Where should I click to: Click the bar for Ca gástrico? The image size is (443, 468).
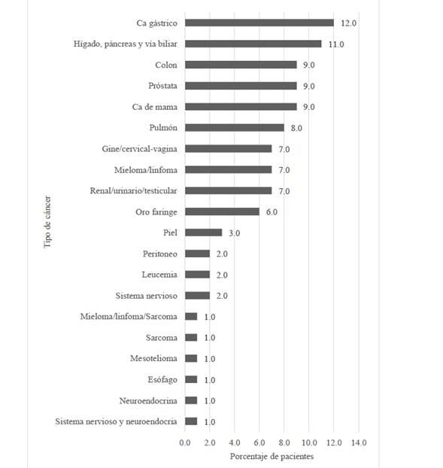(259, 23)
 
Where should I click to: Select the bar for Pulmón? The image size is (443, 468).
(235, 128)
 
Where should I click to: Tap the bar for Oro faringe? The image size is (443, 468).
(222, 211)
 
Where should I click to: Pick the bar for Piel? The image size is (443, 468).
(204, 232)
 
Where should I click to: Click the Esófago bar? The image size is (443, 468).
(191, 379)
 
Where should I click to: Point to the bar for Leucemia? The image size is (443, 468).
(197, 275)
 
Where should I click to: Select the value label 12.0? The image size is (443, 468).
(348, 23)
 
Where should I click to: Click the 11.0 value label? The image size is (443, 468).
(336, 44)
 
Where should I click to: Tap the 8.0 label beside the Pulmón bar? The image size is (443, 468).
(296, 128)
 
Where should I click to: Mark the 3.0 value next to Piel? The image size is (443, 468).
(234, 233)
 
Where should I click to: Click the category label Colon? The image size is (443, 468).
(166, 65)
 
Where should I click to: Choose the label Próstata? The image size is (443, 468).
(162, 86)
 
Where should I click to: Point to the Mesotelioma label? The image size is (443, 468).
(153, 358)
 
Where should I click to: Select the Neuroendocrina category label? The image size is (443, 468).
(148, 400)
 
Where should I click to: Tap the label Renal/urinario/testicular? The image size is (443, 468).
(133, 190)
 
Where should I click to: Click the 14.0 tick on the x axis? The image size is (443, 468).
(359, 442)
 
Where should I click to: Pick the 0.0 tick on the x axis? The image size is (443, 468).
(185, 442)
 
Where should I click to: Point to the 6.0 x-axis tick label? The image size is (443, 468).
(259, 442)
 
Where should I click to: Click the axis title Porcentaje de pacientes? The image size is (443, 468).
(272, 457)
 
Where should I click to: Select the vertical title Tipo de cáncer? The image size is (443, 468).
(47, 222)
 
